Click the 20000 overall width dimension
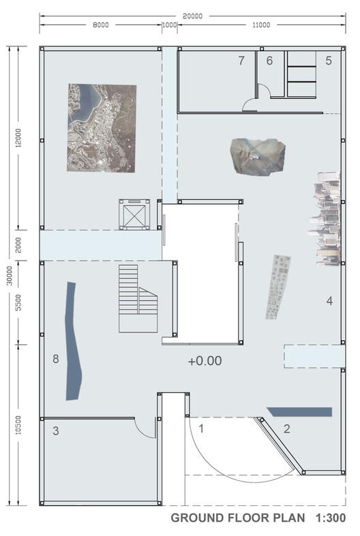pyautogui.click(x=192, y=16)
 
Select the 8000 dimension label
pyautogui.click(x=101, y=25)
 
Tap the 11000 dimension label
pyautogui.click(x=261, y=25)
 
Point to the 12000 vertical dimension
pyautogui.click(x=18, y=138)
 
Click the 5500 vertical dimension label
pyautogui.click(x=18, y=303)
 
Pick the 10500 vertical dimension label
pyautogui.click(x=18, y=425)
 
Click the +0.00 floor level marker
pyautogui.click(x=205, y=361)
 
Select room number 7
pyautogui.click(x=241, y=61)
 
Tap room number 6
pyautogui.click(x=269, y=61)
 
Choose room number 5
pyautogui.click(x=329, y=61)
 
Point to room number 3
pyautogui.click(x=56, y=431)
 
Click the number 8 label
pyautogui.click(x=56, y=359)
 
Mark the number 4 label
pyautogui.click(x=329, y=301)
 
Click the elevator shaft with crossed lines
pyautogui.click(x=134, y=215)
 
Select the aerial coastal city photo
pyautogui.click(x=102, y=128)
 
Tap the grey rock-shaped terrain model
pyautogui.click(x=258, y=157)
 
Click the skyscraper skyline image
pyautogui.click(x=325, y=219)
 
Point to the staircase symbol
pyautogui.click(x=138, y=299)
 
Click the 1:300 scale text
pyautogui.click(x=331, y=518)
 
